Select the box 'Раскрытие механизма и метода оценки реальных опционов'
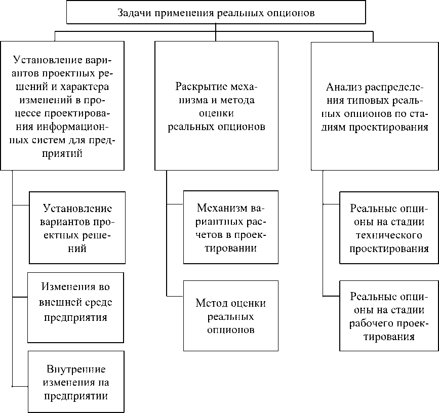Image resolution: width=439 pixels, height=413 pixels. coord(216,105)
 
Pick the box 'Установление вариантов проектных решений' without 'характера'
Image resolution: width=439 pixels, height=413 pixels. coord(77,228)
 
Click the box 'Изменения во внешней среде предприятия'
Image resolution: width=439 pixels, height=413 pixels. coord(76,308)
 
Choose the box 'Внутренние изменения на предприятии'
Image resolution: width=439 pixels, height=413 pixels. coord(76,381)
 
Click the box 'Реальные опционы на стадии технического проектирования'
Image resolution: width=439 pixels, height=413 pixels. coord(389,228)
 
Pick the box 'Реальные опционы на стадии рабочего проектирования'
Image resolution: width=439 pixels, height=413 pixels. coord(389,316)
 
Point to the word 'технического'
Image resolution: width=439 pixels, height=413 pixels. coord(389,235)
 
